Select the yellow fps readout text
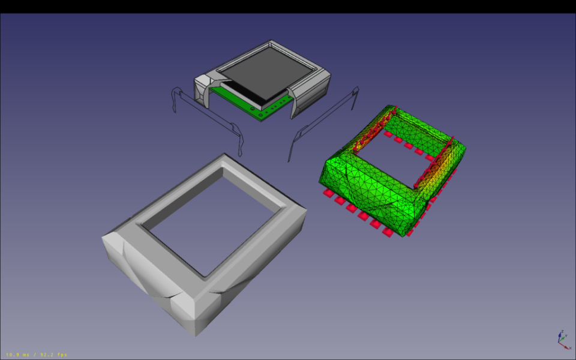click(37, 355)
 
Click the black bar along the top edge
click(288, 6)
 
